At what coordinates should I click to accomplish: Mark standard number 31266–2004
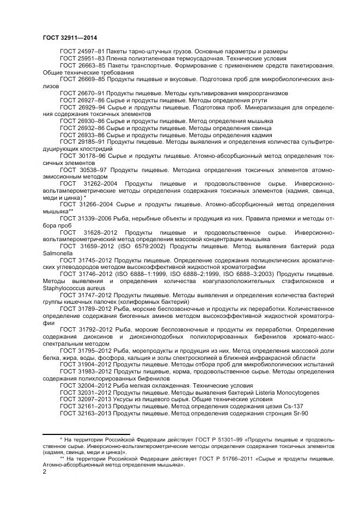coord(96,204)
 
